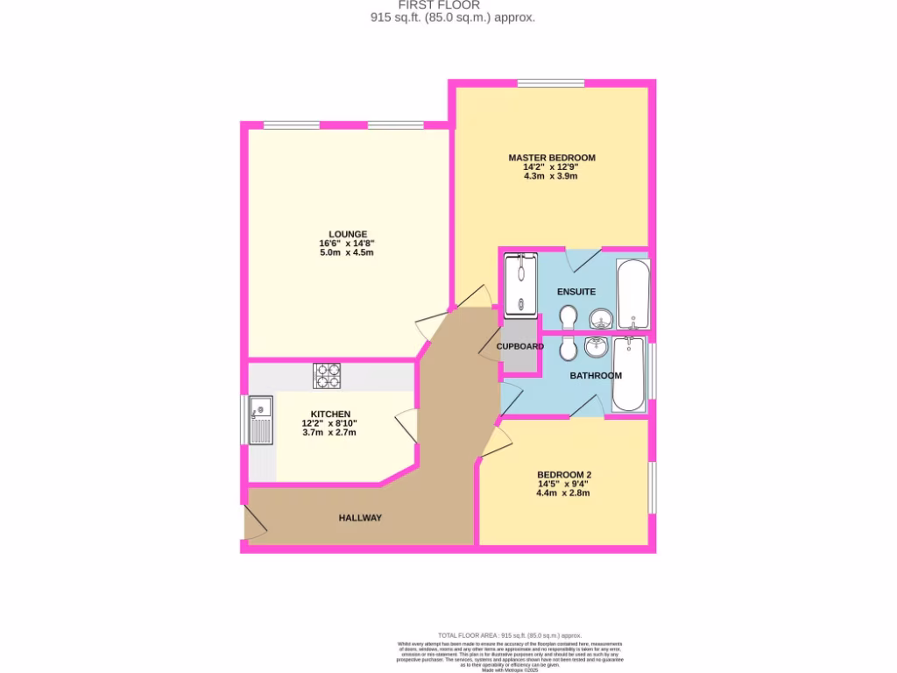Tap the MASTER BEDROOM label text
[552, 158]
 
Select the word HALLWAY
[361, 518]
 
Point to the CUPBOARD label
[520, 346]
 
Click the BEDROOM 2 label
[564, 475]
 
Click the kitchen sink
[261, 419]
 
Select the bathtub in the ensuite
[632, 293]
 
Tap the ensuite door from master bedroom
[581, 259]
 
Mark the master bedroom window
[550, 83]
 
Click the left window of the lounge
[291, 125]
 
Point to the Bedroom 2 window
[653, 487]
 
